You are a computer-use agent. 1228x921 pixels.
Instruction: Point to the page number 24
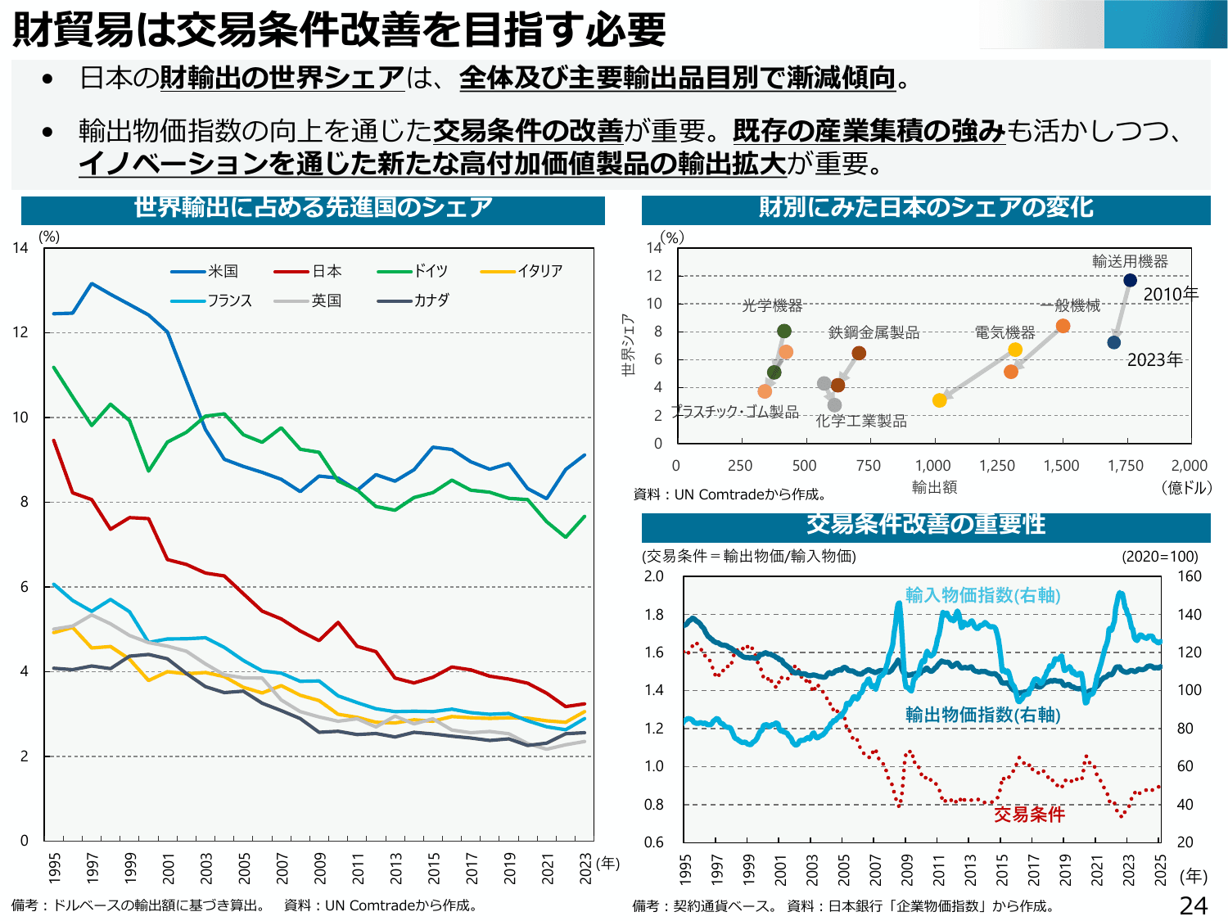[1194, 905]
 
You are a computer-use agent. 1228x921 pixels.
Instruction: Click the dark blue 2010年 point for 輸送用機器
[1130, 280]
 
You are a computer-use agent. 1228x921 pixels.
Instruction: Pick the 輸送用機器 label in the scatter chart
[1130, 261]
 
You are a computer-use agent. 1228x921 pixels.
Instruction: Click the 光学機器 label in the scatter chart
[772, 305]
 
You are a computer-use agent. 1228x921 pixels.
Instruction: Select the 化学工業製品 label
[861, 421]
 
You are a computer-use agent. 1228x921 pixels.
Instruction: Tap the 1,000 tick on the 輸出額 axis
[932, 466]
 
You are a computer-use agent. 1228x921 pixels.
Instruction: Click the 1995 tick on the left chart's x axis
[55, 868]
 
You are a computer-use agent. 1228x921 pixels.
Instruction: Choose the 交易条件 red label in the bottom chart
[1029, 814]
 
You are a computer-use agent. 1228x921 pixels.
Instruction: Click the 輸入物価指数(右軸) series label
[982, 595]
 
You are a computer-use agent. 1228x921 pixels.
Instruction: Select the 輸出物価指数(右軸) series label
[982, 715]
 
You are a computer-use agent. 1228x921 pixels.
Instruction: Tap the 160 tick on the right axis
[1189, 576]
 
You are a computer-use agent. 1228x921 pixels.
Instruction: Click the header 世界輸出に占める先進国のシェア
[313, 208]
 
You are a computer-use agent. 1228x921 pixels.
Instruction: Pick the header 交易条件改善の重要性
[926, 524]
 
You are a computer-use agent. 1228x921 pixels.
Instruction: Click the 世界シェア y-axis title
[628, 345]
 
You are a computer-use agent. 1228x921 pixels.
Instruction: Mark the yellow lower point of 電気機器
[939, 400]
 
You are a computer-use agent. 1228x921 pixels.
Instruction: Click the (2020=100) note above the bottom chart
[1159, 557]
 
